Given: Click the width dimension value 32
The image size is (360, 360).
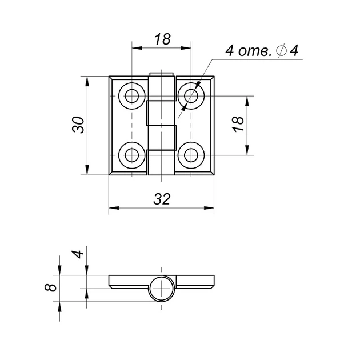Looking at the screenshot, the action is point(162,199).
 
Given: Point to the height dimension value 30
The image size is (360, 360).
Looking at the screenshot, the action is point(78,125).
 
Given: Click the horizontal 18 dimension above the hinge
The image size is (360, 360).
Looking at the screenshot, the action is point(162,39).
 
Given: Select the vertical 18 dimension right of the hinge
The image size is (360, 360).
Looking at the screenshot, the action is point(238,124).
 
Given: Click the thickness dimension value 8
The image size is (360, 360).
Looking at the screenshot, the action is point(50,287).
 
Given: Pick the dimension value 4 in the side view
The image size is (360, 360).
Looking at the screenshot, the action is point(78,254).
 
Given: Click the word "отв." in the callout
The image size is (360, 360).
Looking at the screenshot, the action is point(255,51).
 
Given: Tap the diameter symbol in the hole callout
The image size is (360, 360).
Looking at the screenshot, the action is point(282,50).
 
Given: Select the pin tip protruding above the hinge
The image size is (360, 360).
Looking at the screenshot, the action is point(161,74).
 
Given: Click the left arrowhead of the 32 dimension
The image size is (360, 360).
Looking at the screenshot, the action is point(114,208).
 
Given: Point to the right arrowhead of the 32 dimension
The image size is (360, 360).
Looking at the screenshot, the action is point(209,208).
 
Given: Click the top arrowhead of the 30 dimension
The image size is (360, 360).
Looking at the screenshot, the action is point(87,81).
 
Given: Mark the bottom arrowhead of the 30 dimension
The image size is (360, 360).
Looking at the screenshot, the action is point(87,170).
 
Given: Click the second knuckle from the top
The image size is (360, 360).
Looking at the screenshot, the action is point(161,113).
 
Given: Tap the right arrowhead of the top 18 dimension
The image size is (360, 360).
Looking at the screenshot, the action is point(186,48).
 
